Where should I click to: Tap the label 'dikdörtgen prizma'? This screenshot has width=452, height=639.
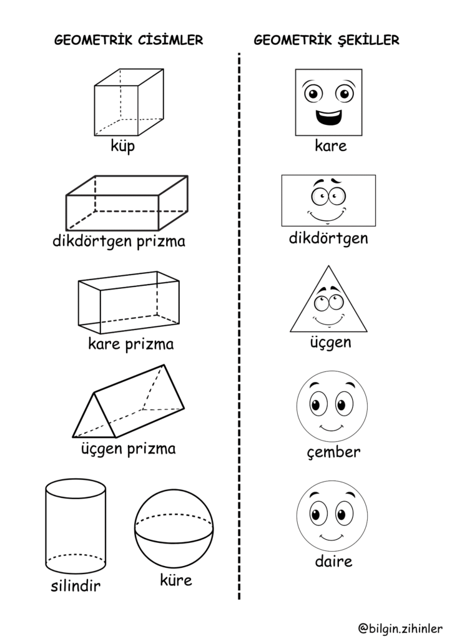(119, 241)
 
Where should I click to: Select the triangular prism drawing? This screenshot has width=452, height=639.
(128, 402)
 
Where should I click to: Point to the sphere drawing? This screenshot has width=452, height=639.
(174, 528)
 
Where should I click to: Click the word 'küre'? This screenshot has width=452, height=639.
(175, 580)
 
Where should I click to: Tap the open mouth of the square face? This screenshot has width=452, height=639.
(328, 117)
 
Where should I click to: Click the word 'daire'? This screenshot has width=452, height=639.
(333, 561)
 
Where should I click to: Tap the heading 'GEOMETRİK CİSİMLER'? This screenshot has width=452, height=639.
(129, 41)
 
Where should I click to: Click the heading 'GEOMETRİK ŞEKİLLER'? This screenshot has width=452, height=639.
(327, 41)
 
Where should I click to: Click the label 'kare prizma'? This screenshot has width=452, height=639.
(131, 344)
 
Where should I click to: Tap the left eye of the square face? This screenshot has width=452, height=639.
(312, 94)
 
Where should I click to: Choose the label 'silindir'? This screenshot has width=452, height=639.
(76, 586)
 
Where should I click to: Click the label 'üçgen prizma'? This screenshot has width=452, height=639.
(129, 448)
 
